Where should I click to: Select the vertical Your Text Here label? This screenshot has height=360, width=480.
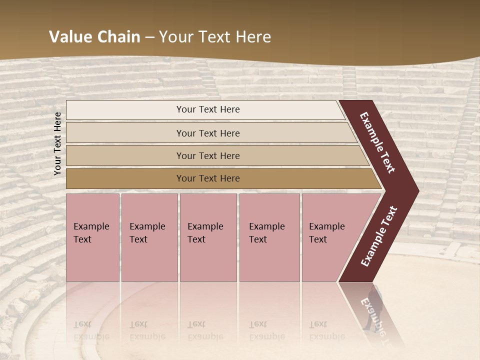click(57, 143)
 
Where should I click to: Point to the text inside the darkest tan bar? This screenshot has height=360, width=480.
click(208, 178)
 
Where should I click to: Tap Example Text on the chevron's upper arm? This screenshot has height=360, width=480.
click(377, 142)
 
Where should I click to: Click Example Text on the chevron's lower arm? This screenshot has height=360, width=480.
click(379, 236)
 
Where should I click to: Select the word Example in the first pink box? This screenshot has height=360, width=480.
click(91, 226)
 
